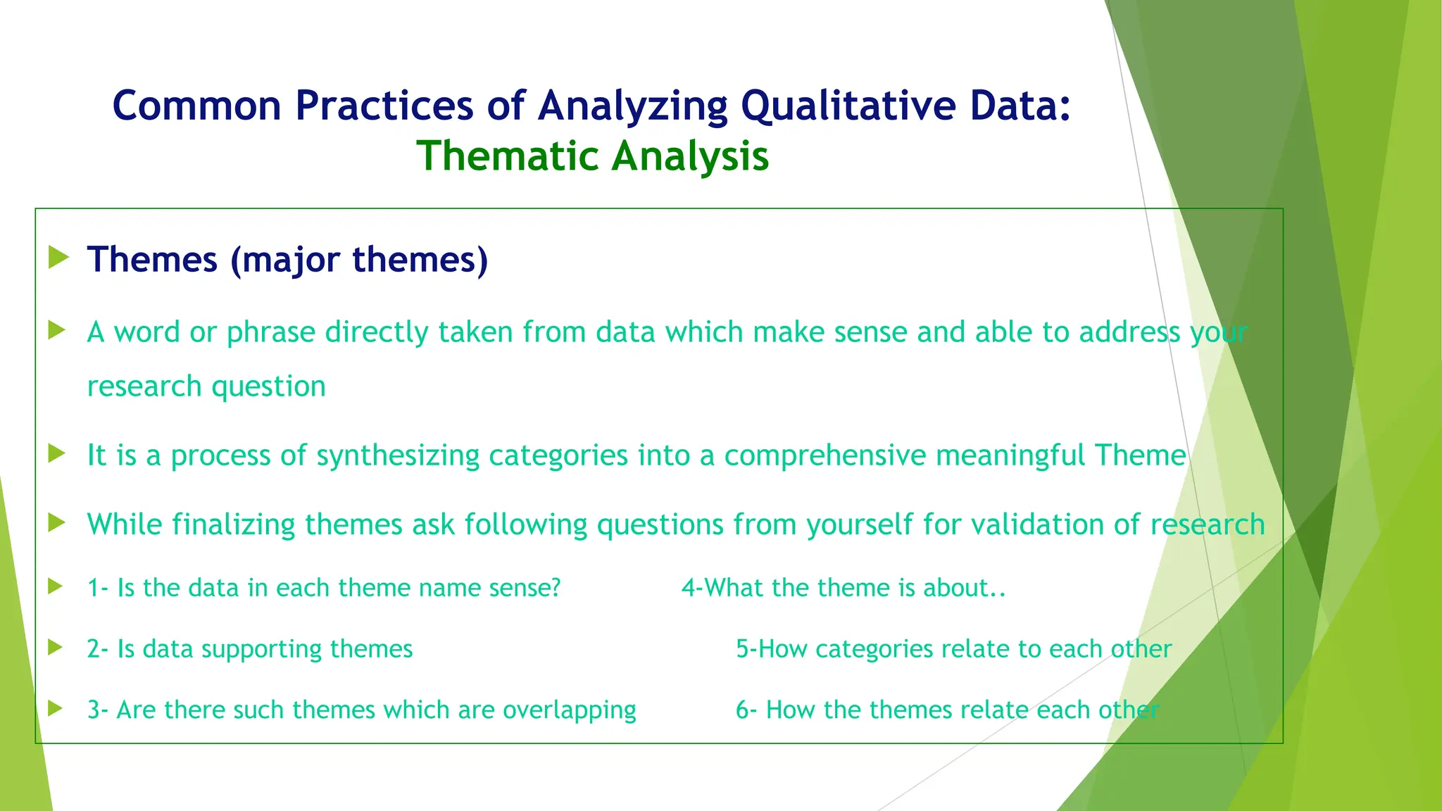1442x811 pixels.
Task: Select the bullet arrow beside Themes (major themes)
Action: pos(59,258)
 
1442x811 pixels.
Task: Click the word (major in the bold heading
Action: pos(286,260)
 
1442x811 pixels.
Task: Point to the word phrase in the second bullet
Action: pos(270,332)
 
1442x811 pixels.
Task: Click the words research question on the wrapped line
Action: pos(206,386)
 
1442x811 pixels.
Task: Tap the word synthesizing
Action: pos(398,455)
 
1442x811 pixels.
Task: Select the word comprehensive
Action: pos(825,455)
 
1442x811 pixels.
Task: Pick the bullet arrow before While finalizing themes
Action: pos(57,523)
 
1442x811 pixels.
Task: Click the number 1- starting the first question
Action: pos(98,588)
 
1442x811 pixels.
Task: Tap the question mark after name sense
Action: pos(556,588)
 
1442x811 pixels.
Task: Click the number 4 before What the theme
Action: pos(688,588)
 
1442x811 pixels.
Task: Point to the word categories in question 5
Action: pos(874,649)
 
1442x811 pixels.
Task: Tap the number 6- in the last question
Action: pos(746,710)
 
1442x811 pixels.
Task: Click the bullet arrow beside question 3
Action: pos(56,708)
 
